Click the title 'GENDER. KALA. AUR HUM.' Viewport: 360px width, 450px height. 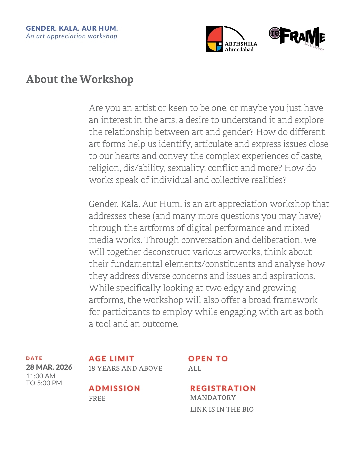click(x=72, y=28)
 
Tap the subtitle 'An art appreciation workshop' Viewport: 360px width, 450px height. click(x=72, y=36)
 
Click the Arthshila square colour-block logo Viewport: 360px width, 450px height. click(x=214, y=39)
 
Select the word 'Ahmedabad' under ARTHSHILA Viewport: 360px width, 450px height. click(x=239, y=50)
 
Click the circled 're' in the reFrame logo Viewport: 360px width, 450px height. click(x=275, y=33)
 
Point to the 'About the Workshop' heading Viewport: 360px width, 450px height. click(x=80, y=79)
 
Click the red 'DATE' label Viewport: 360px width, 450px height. click(x=34, y=358)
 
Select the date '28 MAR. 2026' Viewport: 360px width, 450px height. click(x=49, y=367)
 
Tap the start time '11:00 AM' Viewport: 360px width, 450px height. click(x=41, y=376)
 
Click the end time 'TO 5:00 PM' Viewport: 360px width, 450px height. click(x=44, y=383)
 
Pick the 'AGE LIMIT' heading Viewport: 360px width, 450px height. click(x=111, y=359)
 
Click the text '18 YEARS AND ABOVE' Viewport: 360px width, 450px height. click(x=125, y=368)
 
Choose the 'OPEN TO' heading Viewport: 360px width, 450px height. click(x=208, y=359)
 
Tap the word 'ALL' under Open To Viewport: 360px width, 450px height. click(x=195, y=368)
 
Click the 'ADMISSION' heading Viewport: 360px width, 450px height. click(x=114, y=388)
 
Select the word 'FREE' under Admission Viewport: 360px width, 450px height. click(x=97, y=398)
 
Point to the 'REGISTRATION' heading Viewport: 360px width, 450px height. click(x=223, y=388)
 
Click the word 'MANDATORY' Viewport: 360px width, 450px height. click(x=213, y=398)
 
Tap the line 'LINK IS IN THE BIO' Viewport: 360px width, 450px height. click(x=222, y=409)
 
